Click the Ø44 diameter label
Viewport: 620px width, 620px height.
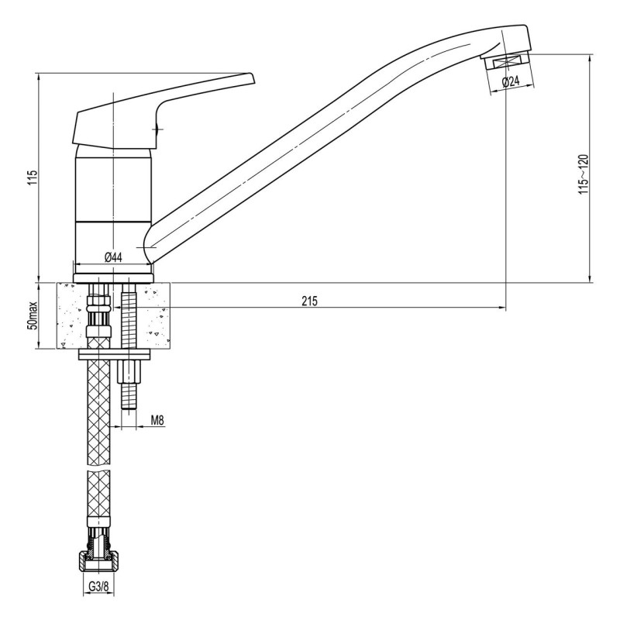pyautogui.click(x=113, y=257)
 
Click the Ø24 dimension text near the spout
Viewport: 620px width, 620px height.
pyautogui.click(x=511, y=82)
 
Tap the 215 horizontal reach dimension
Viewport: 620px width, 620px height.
pyautogui.click(x=309, y=301)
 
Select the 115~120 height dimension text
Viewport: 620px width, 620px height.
pyautogui.click(x=584, y=174)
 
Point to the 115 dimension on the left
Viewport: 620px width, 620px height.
pyautogui.click(x=33, y=178)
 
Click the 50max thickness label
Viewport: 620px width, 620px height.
pyautogui.click(x=33, y=315)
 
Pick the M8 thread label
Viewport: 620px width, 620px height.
pyautogui.click(x=157, y=420)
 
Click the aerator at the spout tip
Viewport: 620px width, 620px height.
pyautogui.click(x=506, y=62)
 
